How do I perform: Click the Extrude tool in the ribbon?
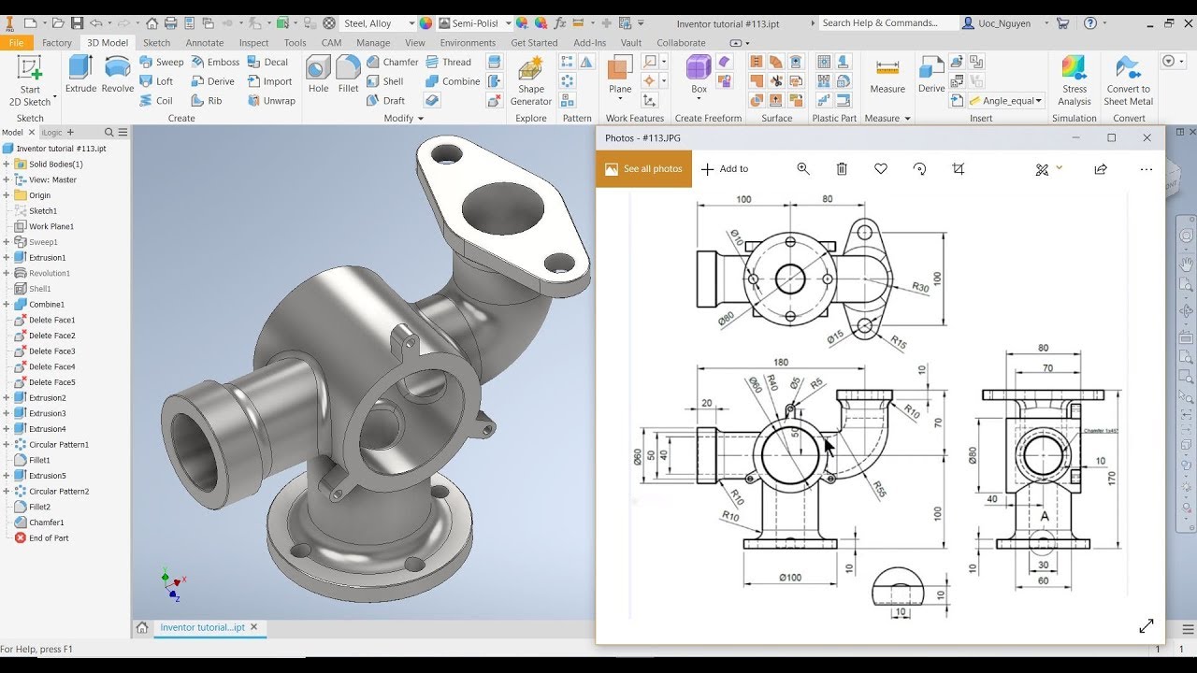point(80,74)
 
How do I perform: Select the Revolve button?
point(118,74)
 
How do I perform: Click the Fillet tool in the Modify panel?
point(348,74)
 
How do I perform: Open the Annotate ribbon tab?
point(204,43)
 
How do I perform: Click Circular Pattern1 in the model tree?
point(58,445)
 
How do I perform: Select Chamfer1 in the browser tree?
point(46,523)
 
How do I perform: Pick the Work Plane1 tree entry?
point(50,226)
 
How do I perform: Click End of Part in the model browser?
point(48,538)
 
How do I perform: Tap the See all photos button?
point(643,169)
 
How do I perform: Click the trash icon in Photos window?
point(842,169)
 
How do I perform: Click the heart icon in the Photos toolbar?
point(880,169)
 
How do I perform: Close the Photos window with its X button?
point(1147,137)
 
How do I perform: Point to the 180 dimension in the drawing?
point(781,363)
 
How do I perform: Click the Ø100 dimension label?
point(790,578)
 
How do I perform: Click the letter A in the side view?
point(1045,516)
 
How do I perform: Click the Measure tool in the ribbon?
point(887,76)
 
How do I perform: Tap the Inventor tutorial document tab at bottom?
point(202,627)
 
